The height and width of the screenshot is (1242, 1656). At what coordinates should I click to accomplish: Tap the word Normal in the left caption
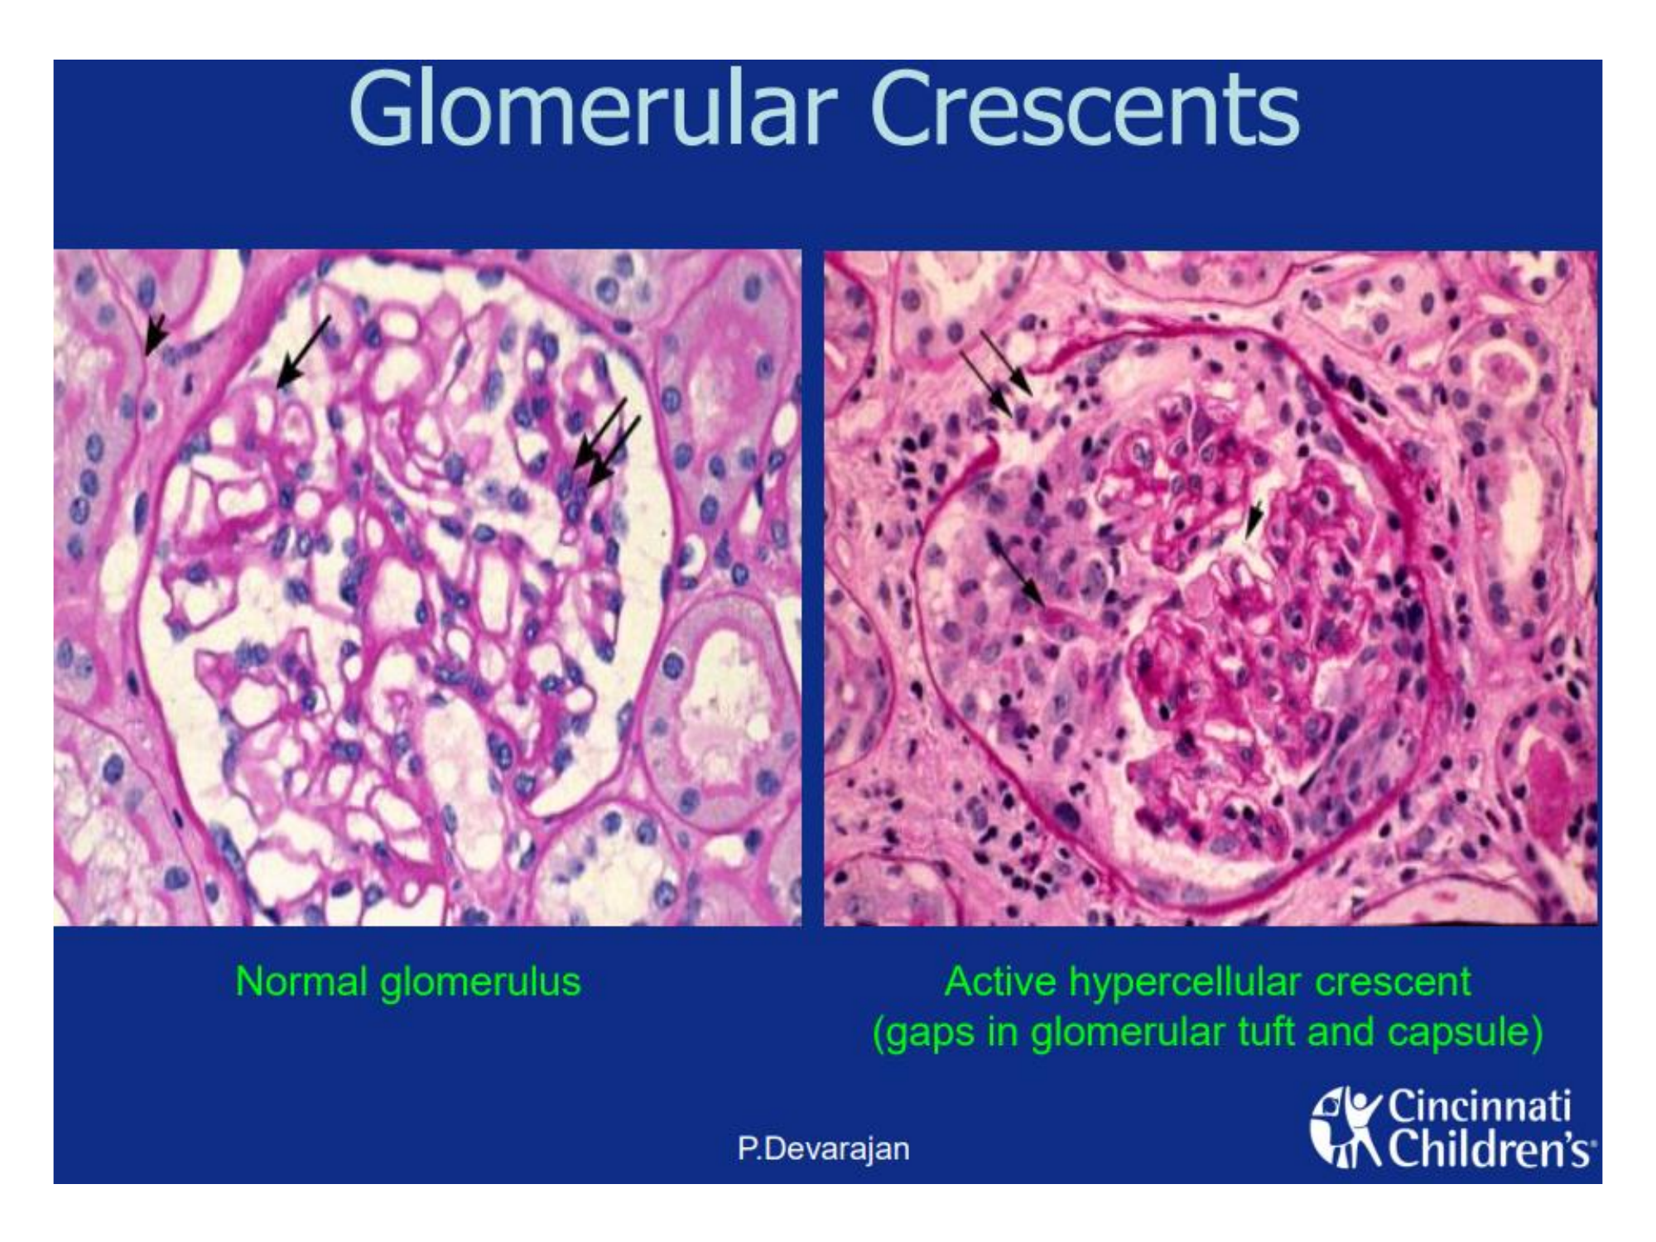tap(301, 982)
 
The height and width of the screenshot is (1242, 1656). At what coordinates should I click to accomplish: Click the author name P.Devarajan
tap(824, 1149)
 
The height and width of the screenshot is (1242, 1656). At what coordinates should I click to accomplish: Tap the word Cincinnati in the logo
tap(1479, 1106)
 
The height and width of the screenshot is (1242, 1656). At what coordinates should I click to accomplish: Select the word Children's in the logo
tap(1488, 1150)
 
